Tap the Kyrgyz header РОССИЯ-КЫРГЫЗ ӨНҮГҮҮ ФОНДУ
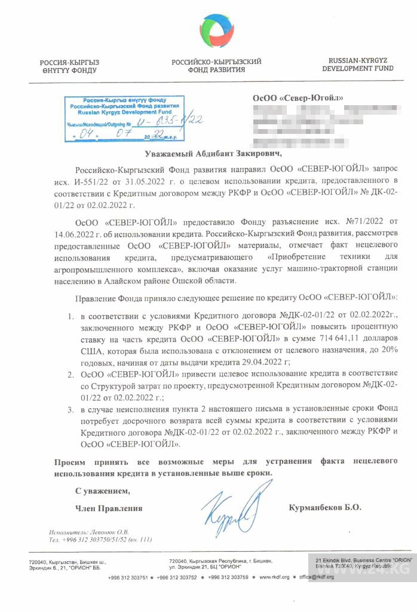69,66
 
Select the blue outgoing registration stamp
122,118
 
